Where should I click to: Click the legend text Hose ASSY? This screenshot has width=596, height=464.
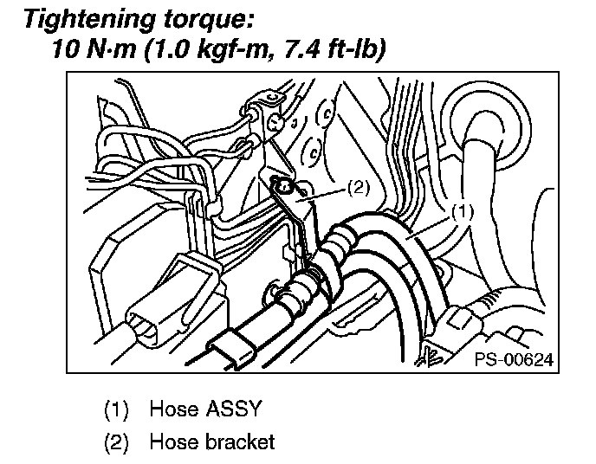click(204, 408)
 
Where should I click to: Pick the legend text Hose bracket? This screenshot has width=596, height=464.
click(212, 442)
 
